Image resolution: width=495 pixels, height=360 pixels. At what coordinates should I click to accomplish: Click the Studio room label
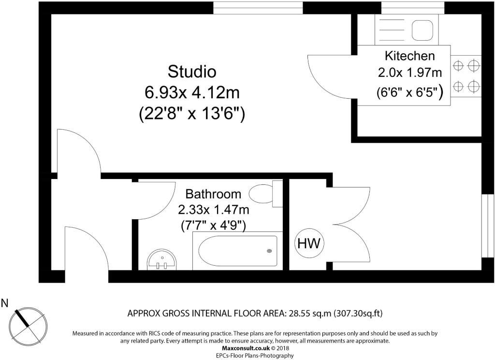point(192,72)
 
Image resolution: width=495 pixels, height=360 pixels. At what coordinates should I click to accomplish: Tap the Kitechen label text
point(410,56)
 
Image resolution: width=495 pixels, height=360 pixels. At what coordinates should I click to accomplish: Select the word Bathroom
point(213,194)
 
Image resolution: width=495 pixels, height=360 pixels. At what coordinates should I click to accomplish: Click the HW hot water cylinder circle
point(309,243)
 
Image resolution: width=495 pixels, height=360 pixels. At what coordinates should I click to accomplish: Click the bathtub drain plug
point(269,251)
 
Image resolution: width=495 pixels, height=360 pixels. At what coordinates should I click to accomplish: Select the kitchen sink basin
point(422,30)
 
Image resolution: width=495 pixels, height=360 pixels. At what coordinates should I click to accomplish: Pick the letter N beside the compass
point(5,303)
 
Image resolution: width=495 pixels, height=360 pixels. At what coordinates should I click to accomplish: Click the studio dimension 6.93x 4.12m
point(192,92)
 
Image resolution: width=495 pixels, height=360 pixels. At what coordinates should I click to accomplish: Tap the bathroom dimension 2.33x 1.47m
point(213,210)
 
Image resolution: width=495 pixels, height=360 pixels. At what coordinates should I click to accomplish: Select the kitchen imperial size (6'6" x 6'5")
point(410,92)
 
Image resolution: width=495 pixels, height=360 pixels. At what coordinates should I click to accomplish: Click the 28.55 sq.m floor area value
point(309,314)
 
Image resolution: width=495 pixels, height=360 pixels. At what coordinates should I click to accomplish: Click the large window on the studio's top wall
point(258,8)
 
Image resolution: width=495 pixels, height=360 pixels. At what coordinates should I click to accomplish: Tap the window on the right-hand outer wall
point(488,226)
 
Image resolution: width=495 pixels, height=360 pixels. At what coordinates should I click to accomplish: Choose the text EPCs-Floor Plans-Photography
point(255,356)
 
